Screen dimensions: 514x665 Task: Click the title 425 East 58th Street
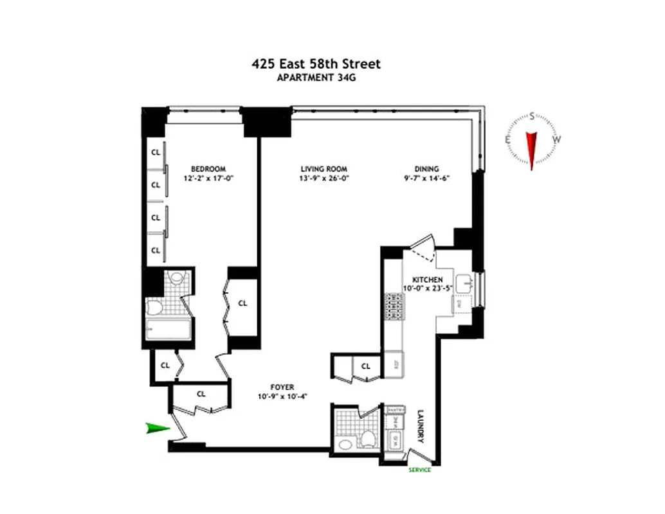pos(316,64)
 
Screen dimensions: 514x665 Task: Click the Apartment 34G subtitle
pos(316,79)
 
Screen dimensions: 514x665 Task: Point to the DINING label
pos(421,169)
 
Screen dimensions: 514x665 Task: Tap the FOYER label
pos(282,387)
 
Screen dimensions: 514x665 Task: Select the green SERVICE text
pos(419,470)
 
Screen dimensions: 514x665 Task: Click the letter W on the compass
pos(558,139)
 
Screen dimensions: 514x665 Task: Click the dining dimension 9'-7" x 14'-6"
pos(421,179)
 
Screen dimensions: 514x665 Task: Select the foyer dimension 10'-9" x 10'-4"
pos(282,396)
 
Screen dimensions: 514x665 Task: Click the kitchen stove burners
pos(393,308)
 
